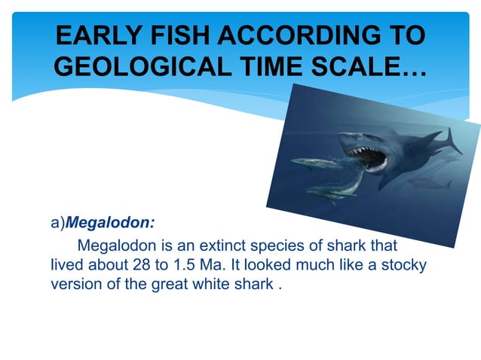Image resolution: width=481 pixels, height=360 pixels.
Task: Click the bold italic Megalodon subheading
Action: [112, 224]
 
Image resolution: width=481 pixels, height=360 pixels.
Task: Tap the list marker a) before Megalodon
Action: [59, 224]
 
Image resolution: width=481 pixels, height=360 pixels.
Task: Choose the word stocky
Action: [405, 265]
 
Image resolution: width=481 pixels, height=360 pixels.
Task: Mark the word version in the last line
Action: [74, 285]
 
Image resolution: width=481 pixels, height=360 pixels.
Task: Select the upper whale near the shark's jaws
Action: [314, 163]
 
